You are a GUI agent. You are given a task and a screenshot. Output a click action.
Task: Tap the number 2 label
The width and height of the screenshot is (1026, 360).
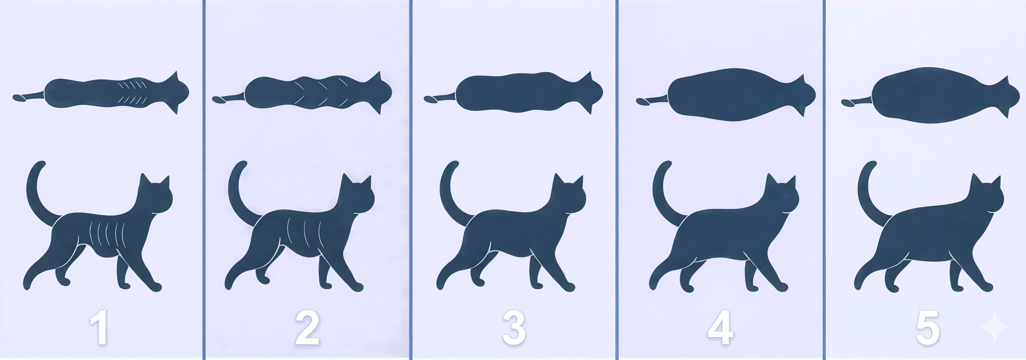click(x=307, y=328)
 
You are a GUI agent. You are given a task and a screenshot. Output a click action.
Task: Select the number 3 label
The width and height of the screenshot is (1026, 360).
click(x=514, y=328)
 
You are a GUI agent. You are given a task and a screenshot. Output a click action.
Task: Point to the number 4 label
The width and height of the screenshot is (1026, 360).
click(x=721, y=328)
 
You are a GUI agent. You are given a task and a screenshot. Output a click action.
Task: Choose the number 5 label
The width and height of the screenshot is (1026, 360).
click(x=928, y=328)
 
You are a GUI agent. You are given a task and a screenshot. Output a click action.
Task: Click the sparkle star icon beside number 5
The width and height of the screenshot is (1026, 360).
click(x=995, y=327)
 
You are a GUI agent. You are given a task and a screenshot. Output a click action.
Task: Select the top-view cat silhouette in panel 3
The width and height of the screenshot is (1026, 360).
click(x=513, y=93)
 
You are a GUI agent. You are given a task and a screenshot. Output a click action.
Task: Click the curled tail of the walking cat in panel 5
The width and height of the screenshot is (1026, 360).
click(x=872, y=194)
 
